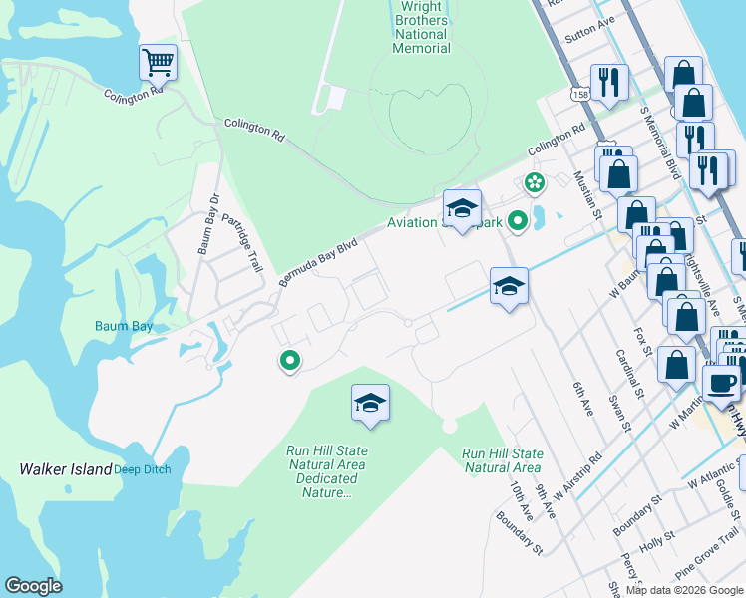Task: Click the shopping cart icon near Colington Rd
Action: tap(158, 63)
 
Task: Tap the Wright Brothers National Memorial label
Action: tap(422, 27)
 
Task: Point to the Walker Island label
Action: tap(66, 469)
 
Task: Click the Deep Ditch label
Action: tap(142, 469)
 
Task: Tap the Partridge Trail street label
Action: tap(241, 243)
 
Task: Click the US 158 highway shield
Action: tap(578, 94)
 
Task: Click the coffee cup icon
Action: tap(720, 382)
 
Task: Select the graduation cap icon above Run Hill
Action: tap(370, 403)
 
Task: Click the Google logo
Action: tap(33, 586)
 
